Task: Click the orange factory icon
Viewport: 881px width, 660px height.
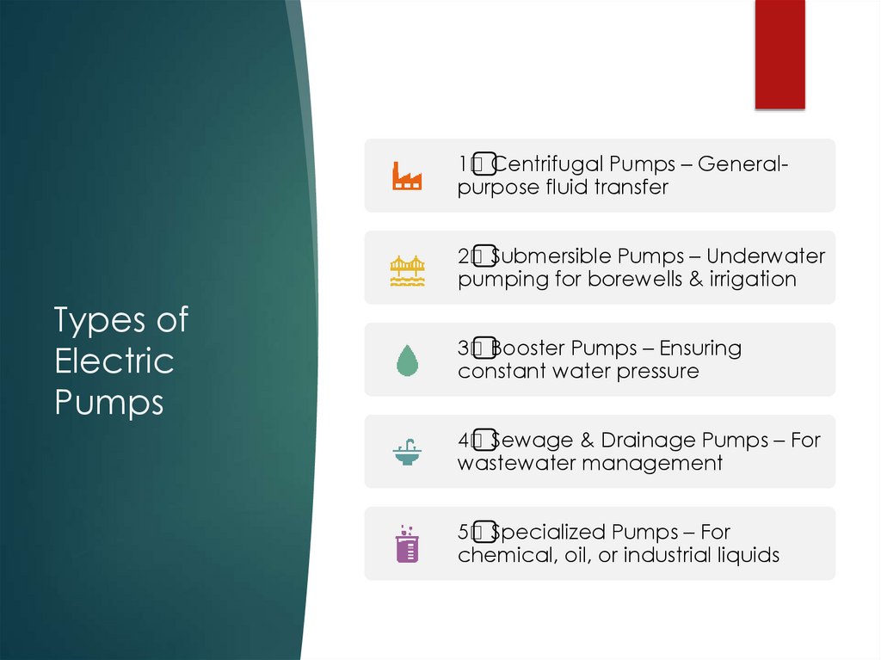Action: (x=407, y=176)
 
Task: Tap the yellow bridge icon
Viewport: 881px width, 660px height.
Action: (x=407, y=268)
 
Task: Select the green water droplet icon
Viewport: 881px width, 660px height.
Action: (x=406, y=360)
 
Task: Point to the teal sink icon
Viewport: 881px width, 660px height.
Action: (x=407, y=452)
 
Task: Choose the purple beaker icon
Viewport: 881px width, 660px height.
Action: (x=406, y=544)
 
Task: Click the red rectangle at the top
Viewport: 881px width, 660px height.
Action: (x=779, y=53)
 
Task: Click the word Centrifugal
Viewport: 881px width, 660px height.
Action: (x=549, y=164)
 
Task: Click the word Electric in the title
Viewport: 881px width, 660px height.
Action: (x=114, y=361)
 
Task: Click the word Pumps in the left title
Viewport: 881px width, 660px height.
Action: (x=108, y=401)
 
